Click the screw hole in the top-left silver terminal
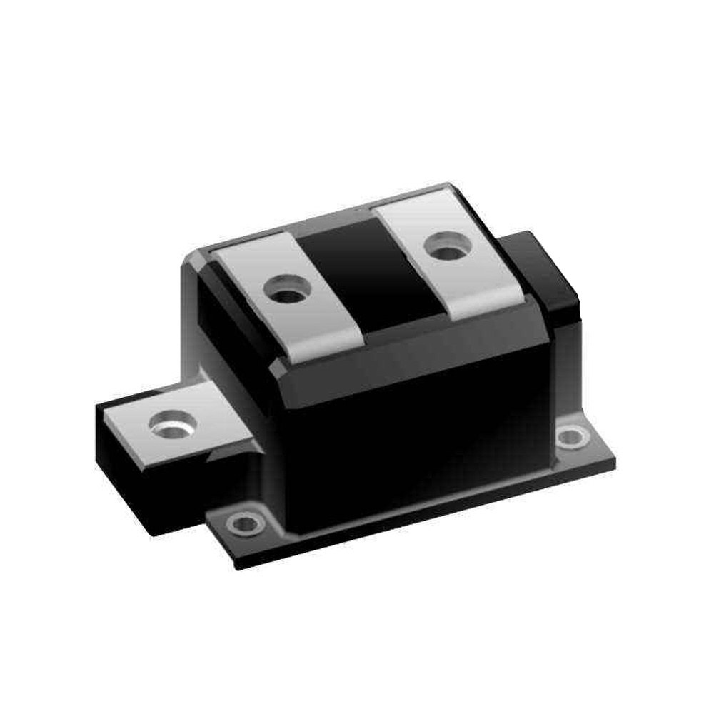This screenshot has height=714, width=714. point(287,291)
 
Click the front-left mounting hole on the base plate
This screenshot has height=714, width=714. point(246,523)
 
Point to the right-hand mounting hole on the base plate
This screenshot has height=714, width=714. point(573,437)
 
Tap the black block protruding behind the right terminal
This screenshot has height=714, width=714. point(546,271)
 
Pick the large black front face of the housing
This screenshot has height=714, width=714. point(414,443)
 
